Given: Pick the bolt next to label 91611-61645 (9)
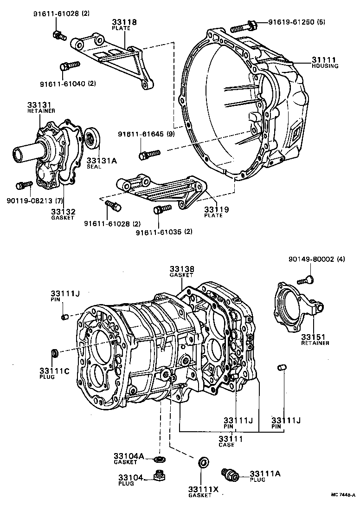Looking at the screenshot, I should click(149, 154).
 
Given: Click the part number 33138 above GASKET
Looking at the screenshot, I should click(181, 269).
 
